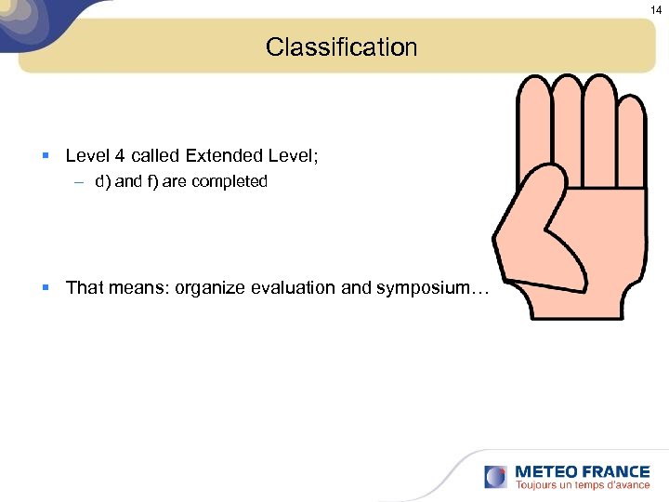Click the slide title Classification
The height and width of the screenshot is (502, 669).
[x=341, y=46]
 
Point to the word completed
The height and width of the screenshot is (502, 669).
[x=230, y=182]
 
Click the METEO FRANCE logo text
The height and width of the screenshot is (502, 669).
[x=583, y=471]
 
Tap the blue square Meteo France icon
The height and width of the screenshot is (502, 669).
[x=496, y=477]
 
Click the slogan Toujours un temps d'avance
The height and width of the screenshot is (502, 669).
[x=583, y=485]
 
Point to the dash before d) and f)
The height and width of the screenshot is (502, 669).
[x=80, y=182]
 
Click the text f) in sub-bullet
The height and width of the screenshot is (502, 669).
[x=149, y=182]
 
